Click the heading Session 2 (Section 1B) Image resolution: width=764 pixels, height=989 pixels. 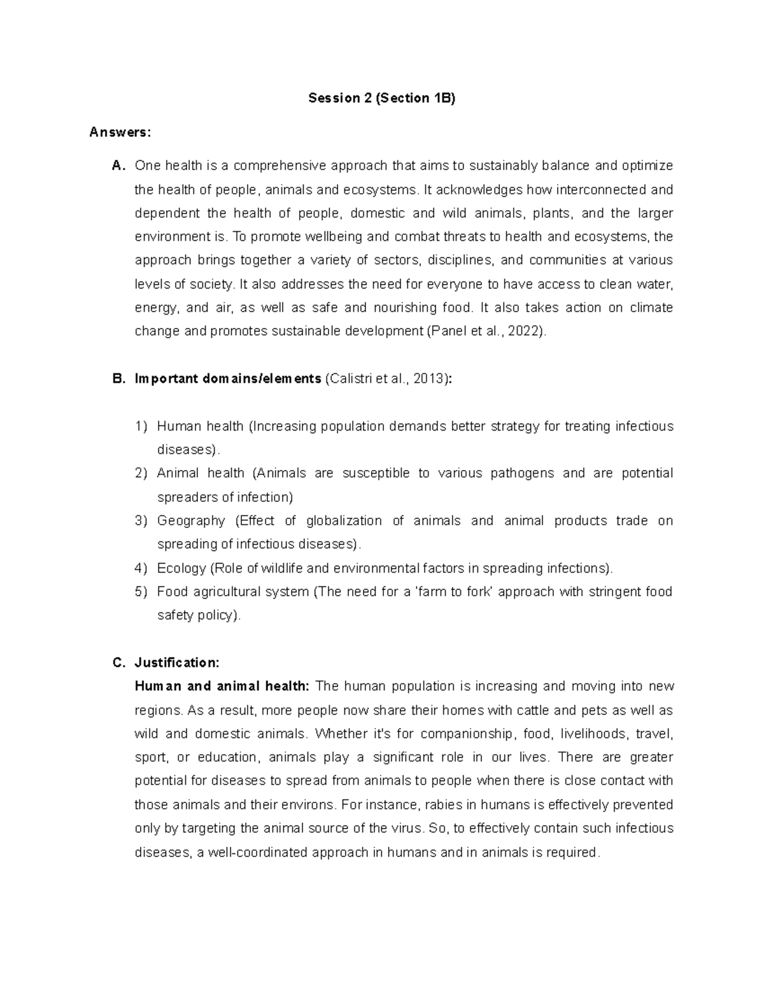pyautogui.click(x=382, y=98)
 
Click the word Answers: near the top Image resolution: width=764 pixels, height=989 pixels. pyautogui.click(x=120, y=132)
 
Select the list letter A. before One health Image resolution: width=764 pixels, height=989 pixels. pyautogui.click(x=118, y=166)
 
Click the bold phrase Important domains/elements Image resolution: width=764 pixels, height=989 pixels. pyautogui.click(x=228, y=379)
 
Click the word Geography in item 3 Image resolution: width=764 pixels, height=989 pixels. pyautogui.click(x=191, y=521)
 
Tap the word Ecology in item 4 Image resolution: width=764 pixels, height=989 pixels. pyautogui.click(x=181, y=568)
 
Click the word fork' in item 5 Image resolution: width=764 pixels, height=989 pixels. pyautogui.click(x=479, y=592)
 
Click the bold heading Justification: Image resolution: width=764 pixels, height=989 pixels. pyautogui.click(x=177, y=663)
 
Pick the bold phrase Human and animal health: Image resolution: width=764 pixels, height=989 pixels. pyautogui.click(x=222, y=687)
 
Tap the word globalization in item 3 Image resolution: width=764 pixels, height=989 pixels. pyautogui.click(x=344, y=521)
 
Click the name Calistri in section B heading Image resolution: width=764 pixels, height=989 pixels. pyautogui.click(x=351, y=379)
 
